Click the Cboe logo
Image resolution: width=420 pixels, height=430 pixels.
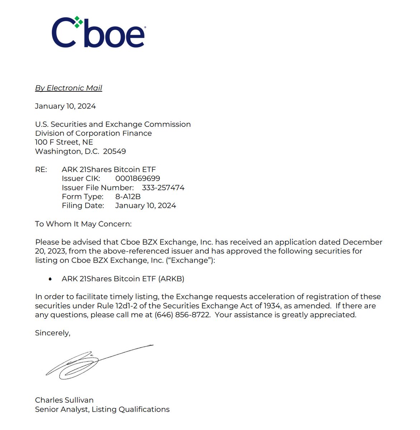point(98,32)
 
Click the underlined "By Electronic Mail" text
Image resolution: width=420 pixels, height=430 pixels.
point(68,88)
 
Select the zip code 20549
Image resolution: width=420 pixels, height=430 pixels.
point(114,151)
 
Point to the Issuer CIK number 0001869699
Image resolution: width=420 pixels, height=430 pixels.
point(138,178)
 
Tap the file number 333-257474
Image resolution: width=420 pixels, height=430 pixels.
point(163,187)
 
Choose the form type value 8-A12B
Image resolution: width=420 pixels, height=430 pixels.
point(128,196)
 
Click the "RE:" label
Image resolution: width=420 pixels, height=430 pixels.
point(41,169)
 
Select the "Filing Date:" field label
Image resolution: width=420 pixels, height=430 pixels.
point(83,206)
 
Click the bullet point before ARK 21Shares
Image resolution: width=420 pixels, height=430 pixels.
point(50,279)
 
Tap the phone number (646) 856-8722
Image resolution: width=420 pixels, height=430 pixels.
point(182,315)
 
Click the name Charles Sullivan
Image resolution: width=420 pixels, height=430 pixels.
point(64,400)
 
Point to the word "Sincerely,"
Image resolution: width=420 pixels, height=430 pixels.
point(53,333)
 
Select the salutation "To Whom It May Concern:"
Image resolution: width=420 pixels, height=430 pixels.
point(83,224)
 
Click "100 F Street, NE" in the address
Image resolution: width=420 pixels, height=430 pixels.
point(64,142)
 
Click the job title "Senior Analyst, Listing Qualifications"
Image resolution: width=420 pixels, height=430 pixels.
point(102,409)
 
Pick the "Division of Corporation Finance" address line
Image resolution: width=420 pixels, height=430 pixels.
point(93,133)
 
